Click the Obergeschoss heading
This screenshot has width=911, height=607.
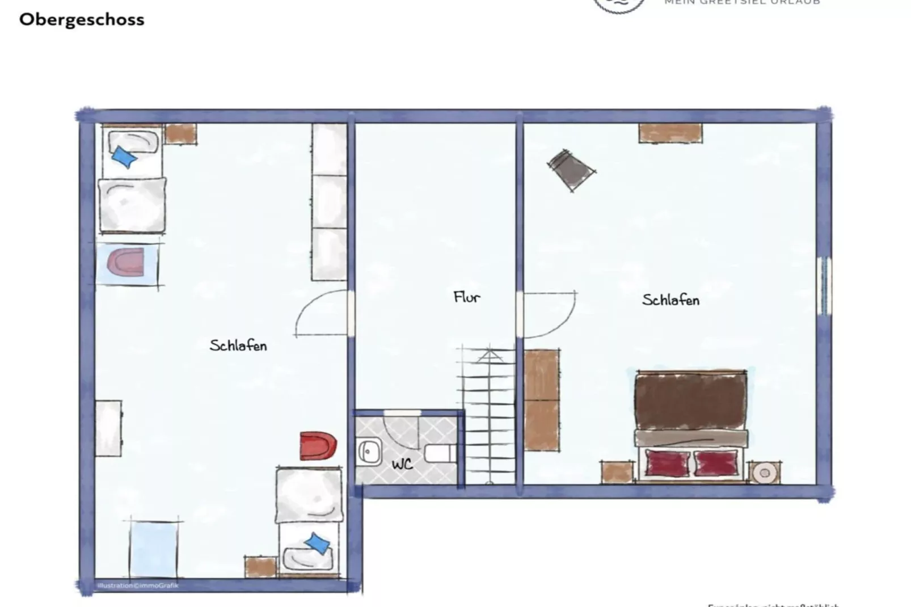point(82,19)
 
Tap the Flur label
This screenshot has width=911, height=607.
point(467,297)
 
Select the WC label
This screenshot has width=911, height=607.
point(402,464)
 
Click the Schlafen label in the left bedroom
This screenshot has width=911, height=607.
point(238,345)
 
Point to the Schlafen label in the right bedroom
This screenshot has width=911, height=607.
point(670,300)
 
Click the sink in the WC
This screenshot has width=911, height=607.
point(369,452)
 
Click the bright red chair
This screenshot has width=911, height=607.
point(318,446)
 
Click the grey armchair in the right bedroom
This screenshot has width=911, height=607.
point(571,168)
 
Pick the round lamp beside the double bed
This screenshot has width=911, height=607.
point(764,473)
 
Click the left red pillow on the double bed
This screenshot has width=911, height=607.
point(668,463)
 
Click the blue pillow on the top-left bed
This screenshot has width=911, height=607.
point(124,157)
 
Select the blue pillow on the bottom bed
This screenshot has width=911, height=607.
point(317,543)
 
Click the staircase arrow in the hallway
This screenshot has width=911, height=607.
point(489,356)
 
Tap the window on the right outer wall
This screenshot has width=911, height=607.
point(824,286)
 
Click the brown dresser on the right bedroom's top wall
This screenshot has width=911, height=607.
point(670,133)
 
